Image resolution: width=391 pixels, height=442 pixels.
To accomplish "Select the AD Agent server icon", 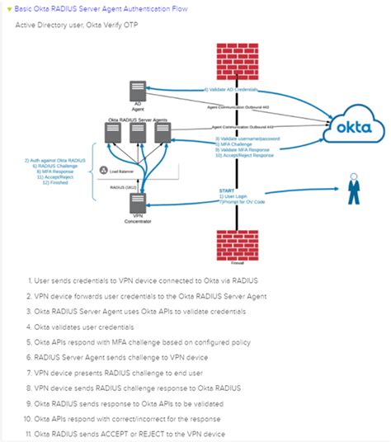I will (139, 92).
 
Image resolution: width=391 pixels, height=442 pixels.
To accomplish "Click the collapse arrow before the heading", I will (7, 7).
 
